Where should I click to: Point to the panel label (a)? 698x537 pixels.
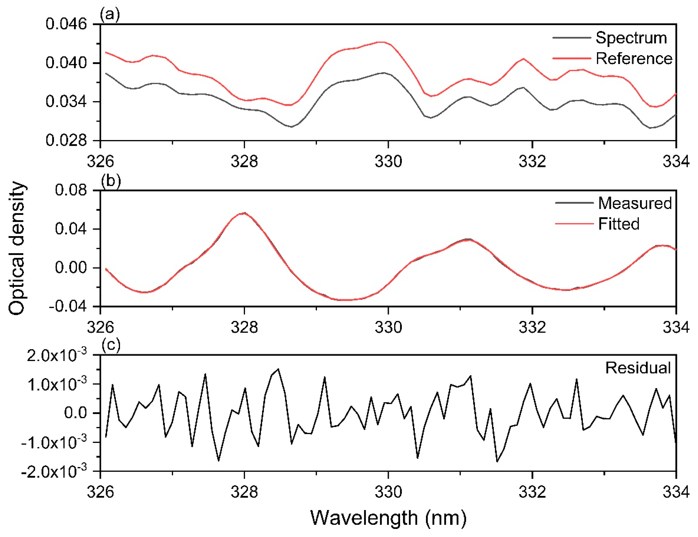(110, 14)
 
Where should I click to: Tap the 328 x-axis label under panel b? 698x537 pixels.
(244, 327)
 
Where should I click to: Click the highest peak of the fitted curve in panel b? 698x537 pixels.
(244, 213)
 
